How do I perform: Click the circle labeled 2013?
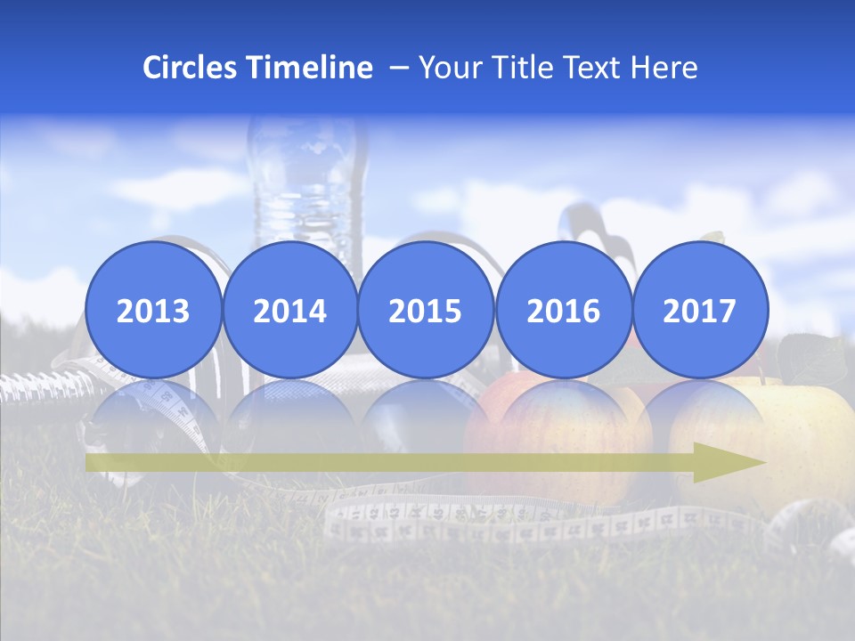pos(153,310)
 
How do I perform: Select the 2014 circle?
pos(289,310)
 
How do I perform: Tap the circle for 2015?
pos(426,310)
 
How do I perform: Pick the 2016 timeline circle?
pos(563,310)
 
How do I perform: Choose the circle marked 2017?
pos(699,310)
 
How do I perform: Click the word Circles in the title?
pos(191,68)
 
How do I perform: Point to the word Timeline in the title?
pos(311,68)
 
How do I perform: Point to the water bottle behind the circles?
pos(307,178)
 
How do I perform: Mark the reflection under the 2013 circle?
pos(153,410)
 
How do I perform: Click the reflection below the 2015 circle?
pos(426,410)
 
